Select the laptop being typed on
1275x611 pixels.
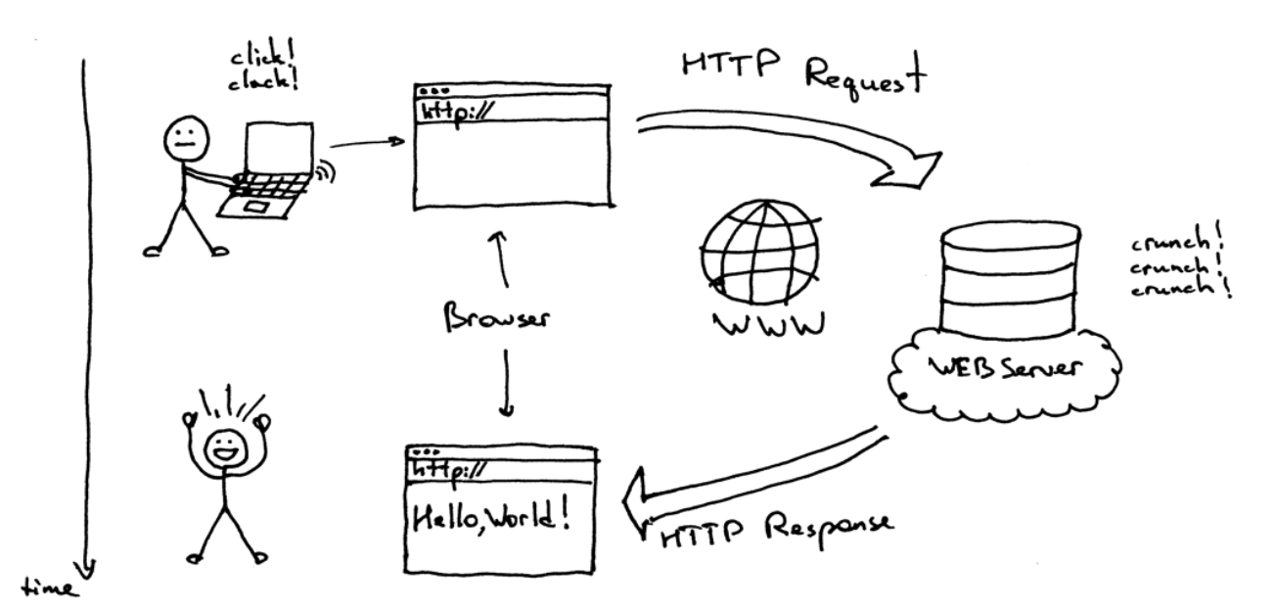tap(268, 171)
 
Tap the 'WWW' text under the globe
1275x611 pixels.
tap(767, 325)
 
